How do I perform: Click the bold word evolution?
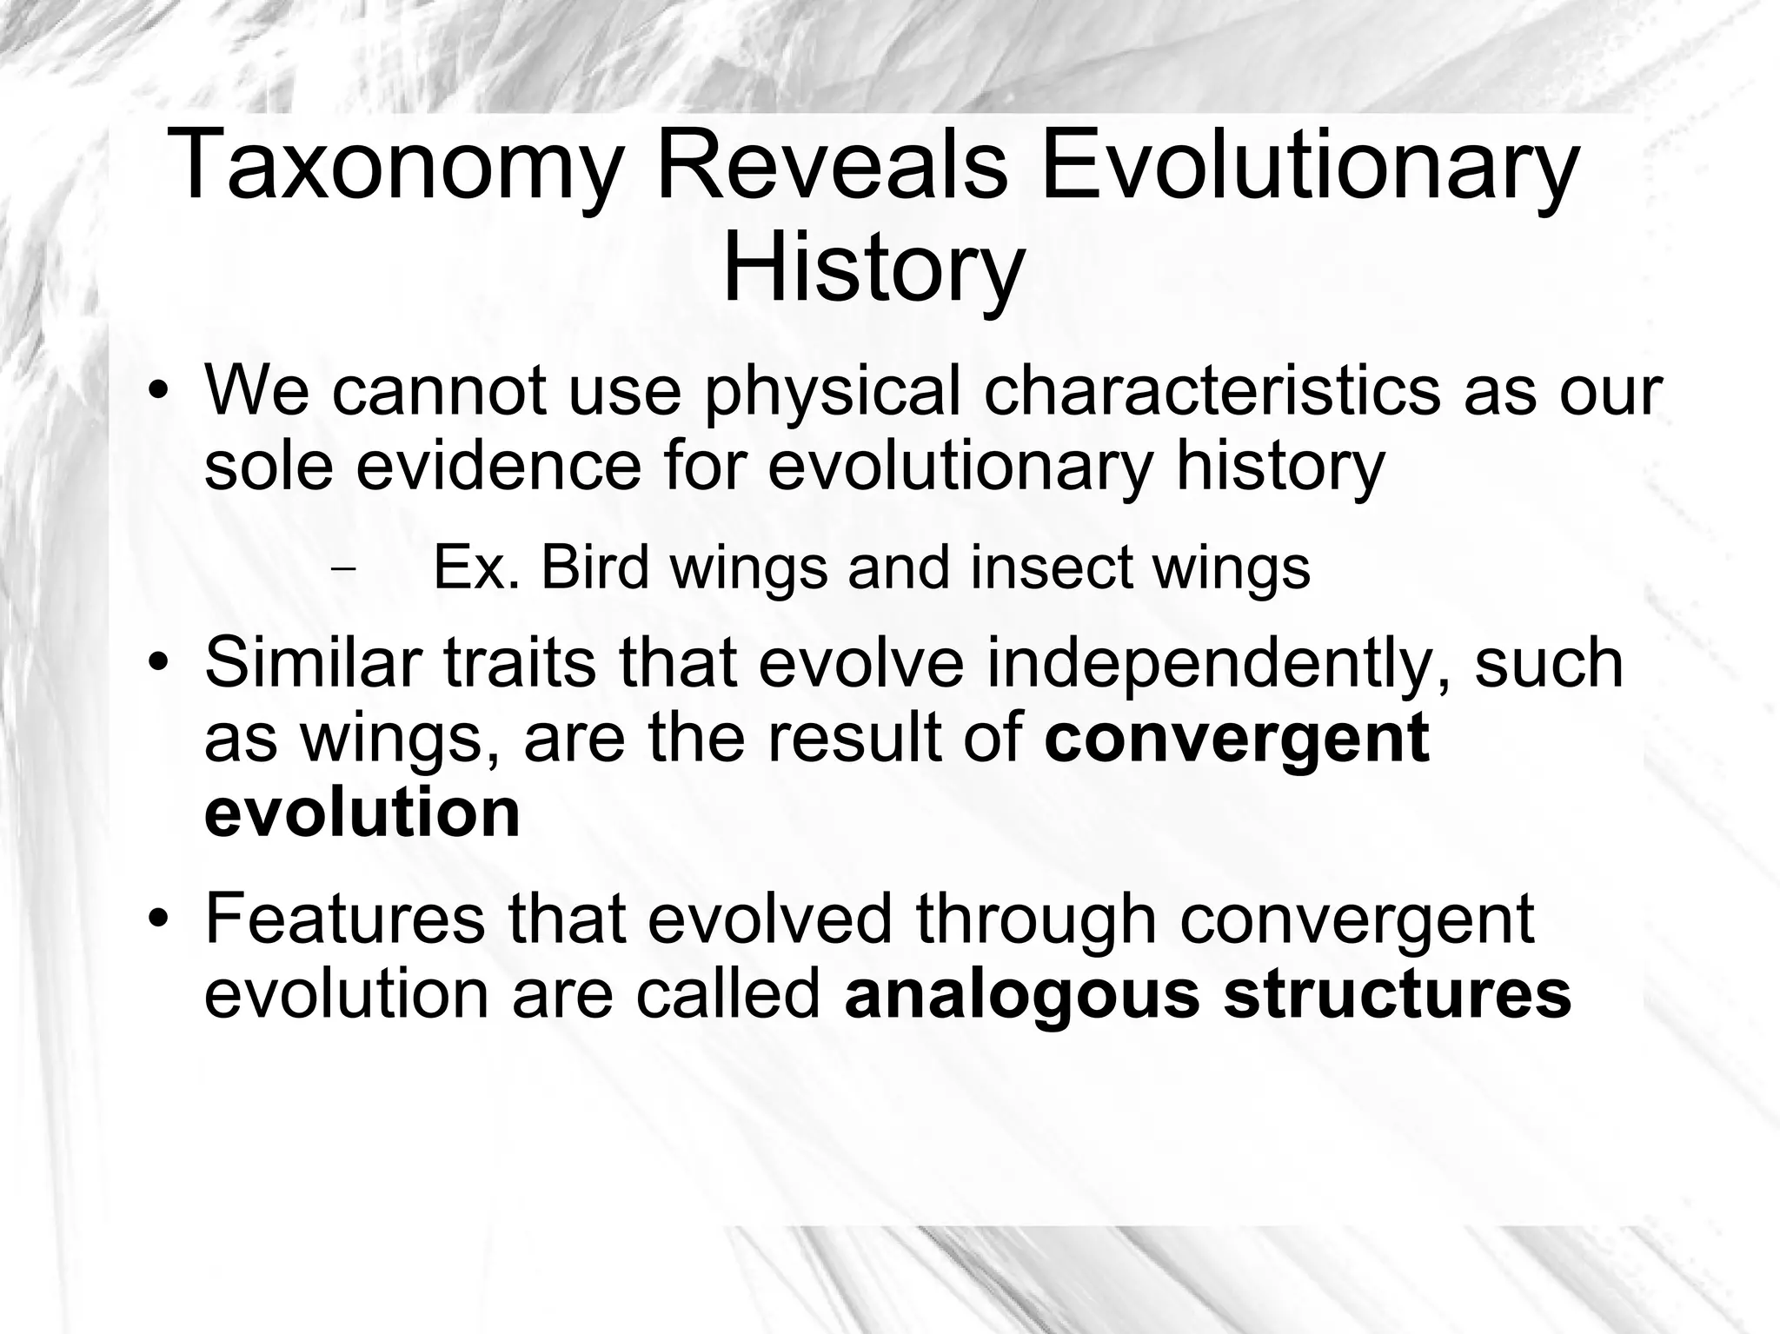click(x=362, y=813)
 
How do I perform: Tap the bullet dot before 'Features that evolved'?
click(x=156, y=919)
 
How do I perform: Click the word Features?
click(x=344, y=919)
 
